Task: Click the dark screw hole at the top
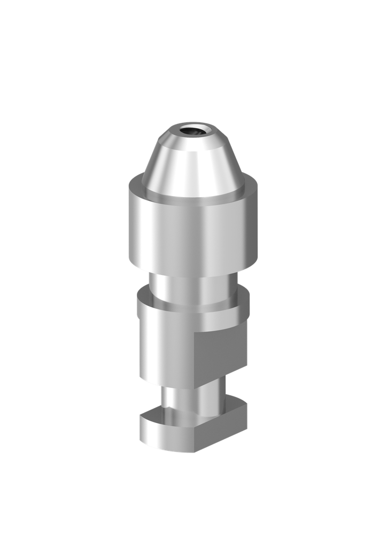pyautogui.click(x=193, y=130)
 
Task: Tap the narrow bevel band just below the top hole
pyautogui.click(x=193, y=140)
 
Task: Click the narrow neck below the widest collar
pyautogui.click(x=193, y=288)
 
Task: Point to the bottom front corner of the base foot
pyautogui.click(x=195, y=452)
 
